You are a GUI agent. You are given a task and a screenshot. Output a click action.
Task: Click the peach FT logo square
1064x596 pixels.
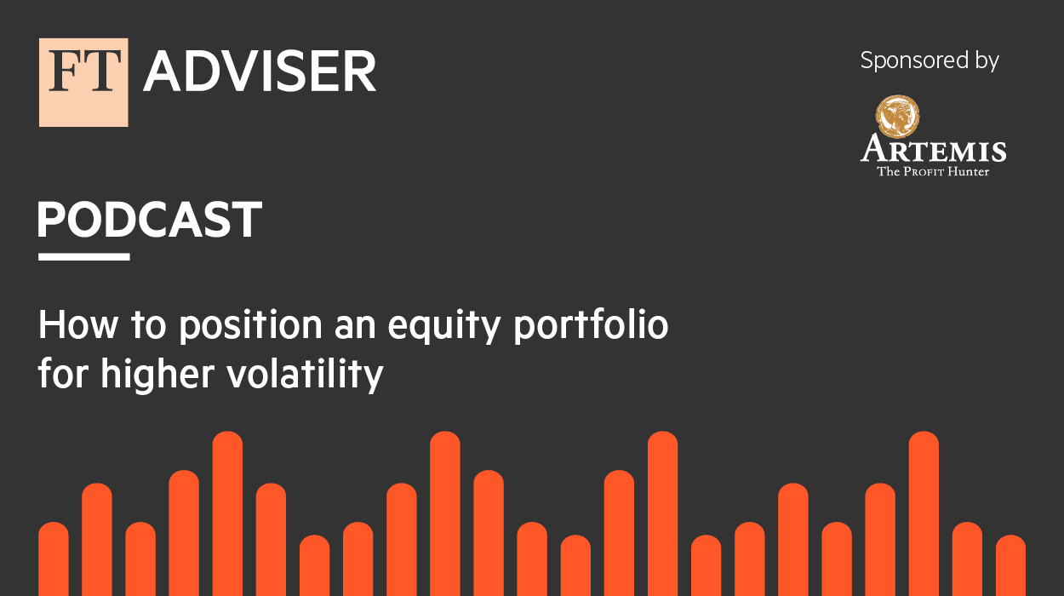click(x=83, y=82)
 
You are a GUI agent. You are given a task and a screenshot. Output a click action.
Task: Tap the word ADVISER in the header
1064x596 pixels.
click(x=260, y=72)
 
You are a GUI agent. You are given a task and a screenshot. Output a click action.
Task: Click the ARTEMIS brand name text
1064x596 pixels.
click(x=933, y=151)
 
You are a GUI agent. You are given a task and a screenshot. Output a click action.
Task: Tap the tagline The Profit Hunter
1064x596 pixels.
click(x=933, y=171)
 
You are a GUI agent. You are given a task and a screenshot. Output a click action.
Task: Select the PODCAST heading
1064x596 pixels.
click(x=149, y=221)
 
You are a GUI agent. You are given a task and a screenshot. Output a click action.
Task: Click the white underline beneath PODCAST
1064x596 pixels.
click(x=83, y=256)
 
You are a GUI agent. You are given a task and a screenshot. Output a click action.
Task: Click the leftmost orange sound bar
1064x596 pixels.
click(x=54, y=559)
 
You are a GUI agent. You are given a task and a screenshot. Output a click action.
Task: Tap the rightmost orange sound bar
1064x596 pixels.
click(x=1010, y=565)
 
